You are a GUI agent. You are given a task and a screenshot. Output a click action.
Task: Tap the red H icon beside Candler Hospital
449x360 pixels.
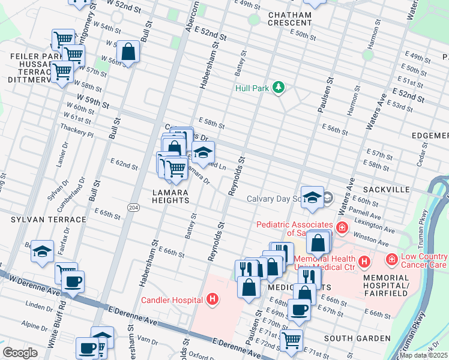(211, 298)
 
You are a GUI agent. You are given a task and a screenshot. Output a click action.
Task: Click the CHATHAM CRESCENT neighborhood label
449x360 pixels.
(290, 19)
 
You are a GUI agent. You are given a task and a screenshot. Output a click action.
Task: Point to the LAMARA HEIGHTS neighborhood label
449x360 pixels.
(170, 196)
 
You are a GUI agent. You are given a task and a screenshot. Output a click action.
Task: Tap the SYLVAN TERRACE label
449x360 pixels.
(37, 220)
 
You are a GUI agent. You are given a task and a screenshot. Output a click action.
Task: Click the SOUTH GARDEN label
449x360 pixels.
(357, 338)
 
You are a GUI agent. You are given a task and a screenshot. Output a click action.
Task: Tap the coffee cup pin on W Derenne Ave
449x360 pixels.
(73, 281)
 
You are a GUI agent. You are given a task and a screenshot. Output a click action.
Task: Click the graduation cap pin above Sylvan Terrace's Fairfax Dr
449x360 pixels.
(42, 251)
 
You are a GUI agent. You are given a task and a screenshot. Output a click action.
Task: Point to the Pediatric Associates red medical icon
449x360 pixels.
(342, 228)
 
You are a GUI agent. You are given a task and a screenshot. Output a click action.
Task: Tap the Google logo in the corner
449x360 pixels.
(20, 353)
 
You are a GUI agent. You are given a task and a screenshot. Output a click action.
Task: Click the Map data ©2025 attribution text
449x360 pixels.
(423, 355)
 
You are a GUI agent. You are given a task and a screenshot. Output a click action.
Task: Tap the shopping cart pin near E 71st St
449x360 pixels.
(291, 340)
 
